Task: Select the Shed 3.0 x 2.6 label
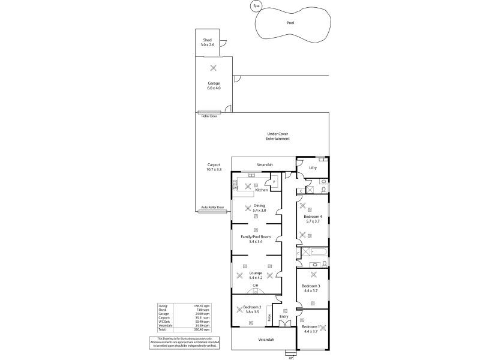point(208,42)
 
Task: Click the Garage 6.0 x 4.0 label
point(214,86)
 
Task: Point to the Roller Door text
point(209,116)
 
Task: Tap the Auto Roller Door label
point(212,207)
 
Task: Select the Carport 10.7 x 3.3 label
point(214,167)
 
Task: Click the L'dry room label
point(312,167)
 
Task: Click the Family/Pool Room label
point(256,239)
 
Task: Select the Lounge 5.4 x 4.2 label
point(256,275)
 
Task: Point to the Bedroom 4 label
point(313,218)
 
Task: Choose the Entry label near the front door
point(284,316)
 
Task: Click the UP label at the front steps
point(291,358)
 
